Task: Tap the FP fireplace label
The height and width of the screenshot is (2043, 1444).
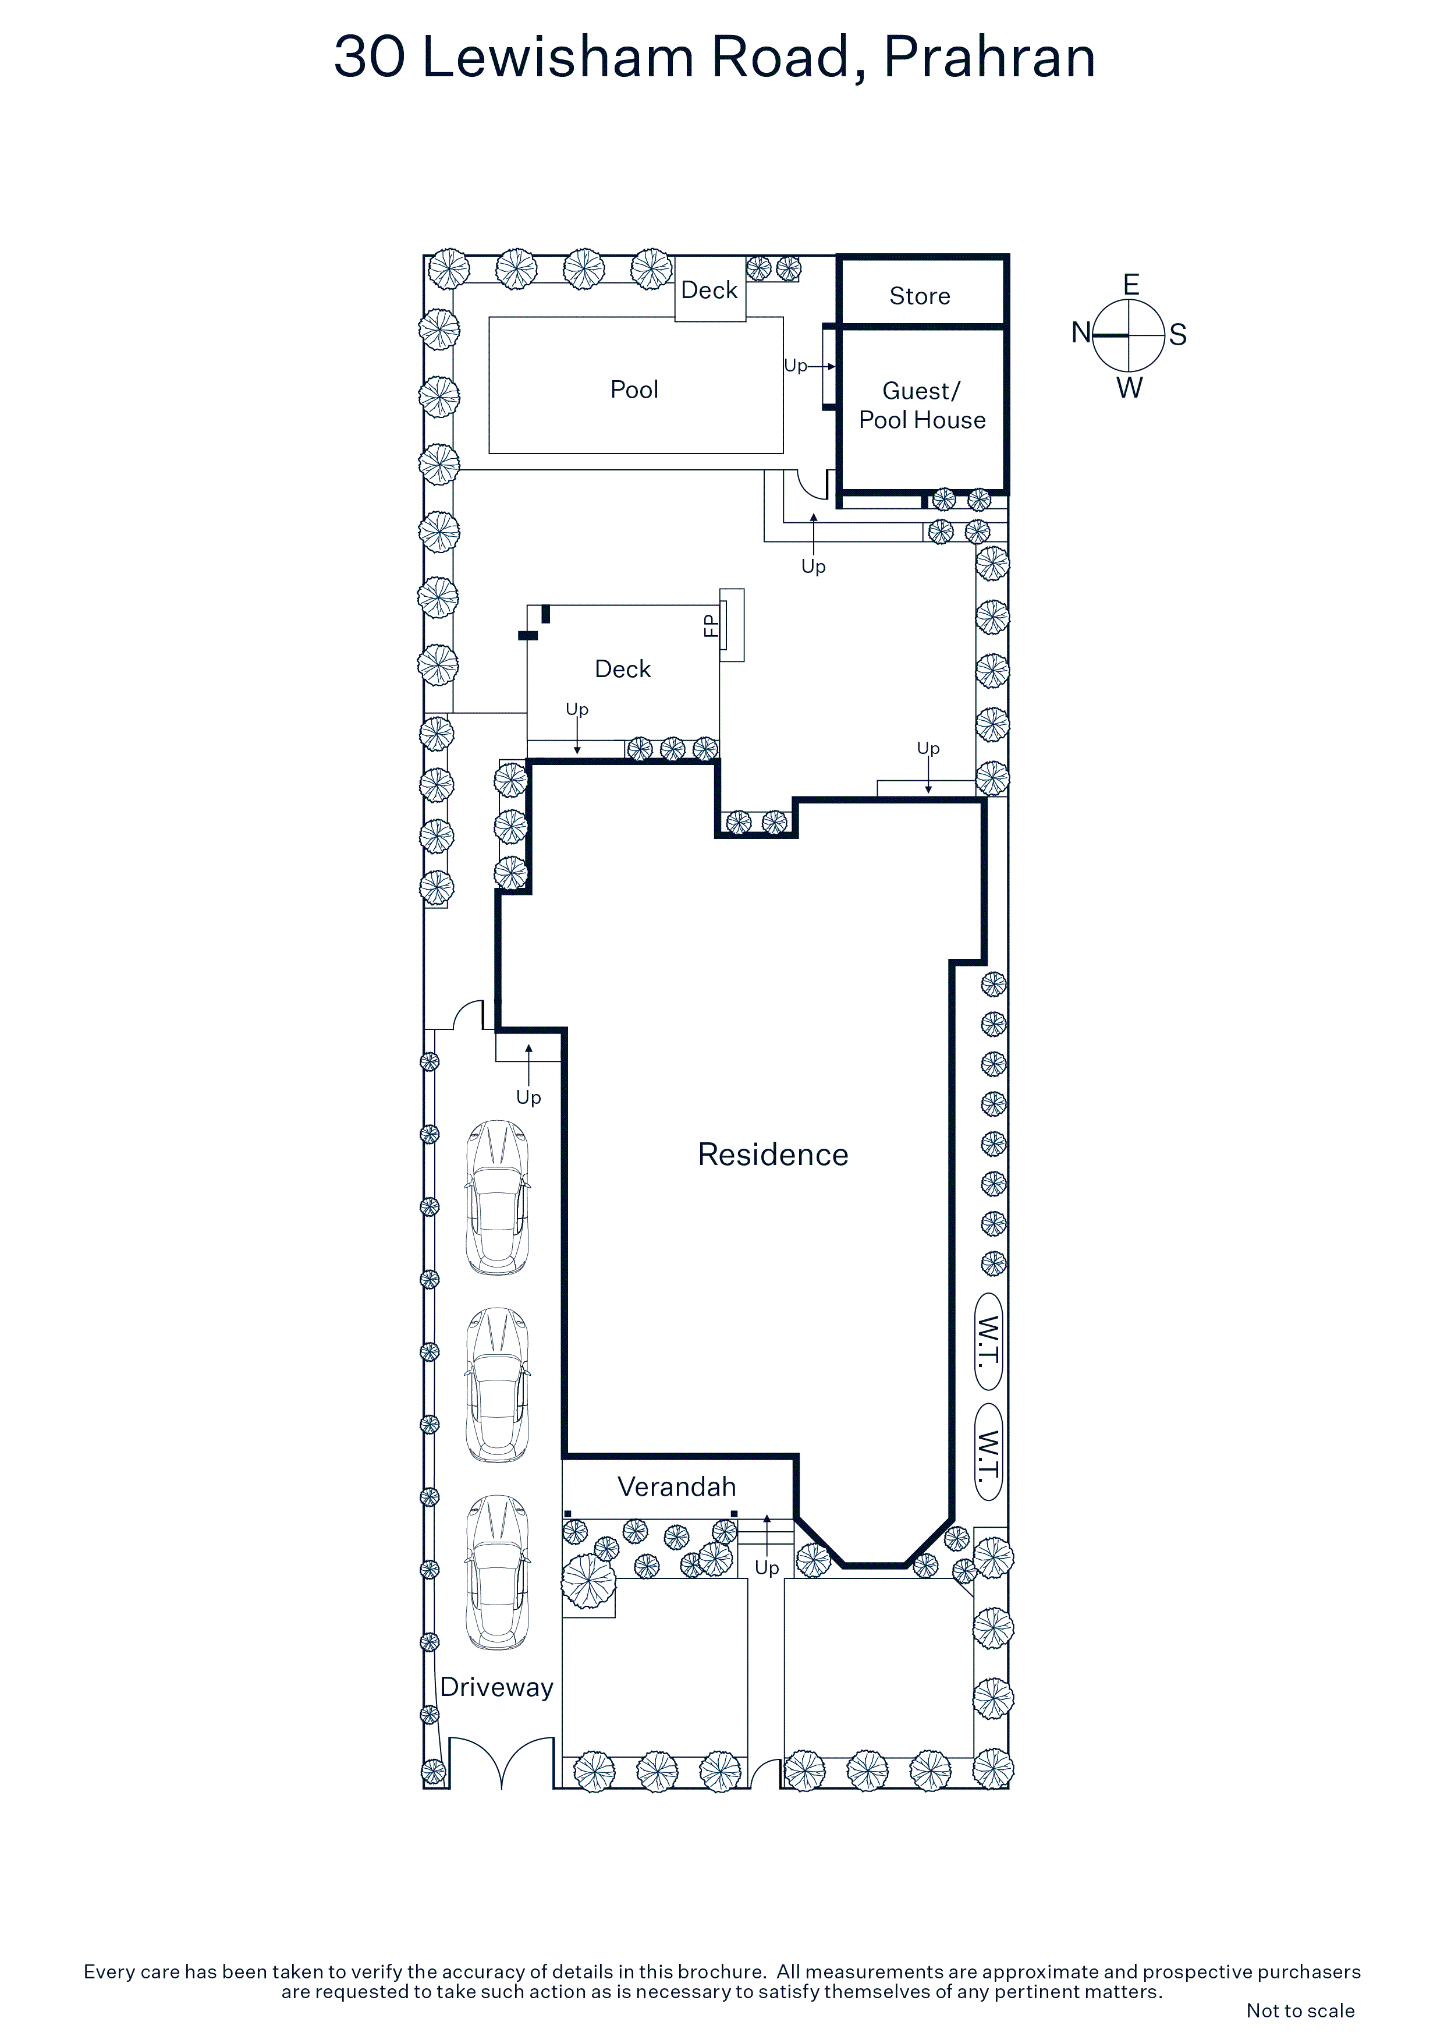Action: click(710, 625)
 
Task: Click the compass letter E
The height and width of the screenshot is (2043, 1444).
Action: click(1131, 285)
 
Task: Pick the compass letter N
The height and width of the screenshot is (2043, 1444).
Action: click(1081, 333)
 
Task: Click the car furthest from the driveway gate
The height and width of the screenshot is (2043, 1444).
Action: click(498, 1198)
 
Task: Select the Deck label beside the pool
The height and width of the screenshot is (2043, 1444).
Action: click(709, 290)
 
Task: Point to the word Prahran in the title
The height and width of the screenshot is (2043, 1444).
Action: click(989, 57)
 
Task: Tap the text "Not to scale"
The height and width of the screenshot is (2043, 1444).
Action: click(1300, 2010)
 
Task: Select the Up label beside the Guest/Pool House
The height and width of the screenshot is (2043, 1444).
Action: click(796, 366)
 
